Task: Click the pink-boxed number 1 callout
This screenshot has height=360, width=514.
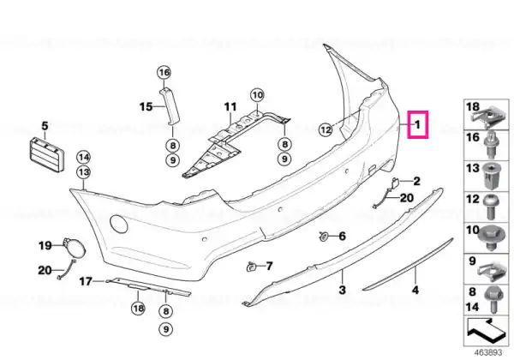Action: tap(418, 124)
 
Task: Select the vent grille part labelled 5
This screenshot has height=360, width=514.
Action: tap(46, 155)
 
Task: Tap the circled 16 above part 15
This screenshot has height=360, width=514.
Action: tap(164, 72)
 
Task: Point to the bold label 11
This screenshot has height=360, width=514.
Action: tap(230, 106)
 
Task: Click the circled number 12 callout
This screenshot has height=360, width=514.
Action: tap(326, 129)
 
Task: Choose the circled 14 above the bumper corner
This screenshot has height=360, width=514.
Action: tap(84, 158)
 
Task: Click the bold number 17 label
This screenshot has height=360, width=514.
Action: tap(86, 281)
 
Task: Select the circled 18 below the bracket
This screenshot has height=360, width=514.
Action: tap(138, 309)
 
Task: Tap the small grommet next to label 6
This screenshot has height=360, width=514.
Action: tap(324, 236)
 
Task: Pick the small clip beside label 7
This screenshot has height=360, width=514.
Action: tap(251, 267)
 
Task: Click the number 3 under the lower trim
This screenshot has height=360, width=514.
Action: tap(342, 290)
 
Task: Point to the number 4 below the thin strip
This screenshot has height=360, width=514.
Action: tap(415, 291)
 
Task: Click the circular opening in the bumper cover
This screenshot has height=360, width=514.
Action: tap(119, 224)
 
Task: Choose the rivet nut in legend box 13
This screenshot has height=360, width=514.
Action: tap(490, 176)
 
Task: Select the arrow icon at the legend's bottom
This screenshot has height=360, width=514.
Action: tap(484, 329)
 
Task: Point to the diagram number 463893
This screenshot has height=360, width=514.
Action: tap(488, 353)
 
